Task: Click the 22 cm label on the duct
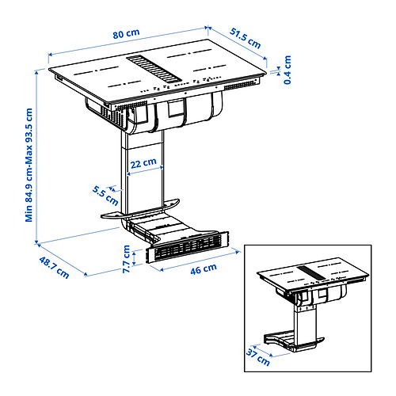pyautogui.click(x=143, y=162)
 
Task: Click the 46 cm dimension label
pyautogui.click(x=204, y=268)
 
